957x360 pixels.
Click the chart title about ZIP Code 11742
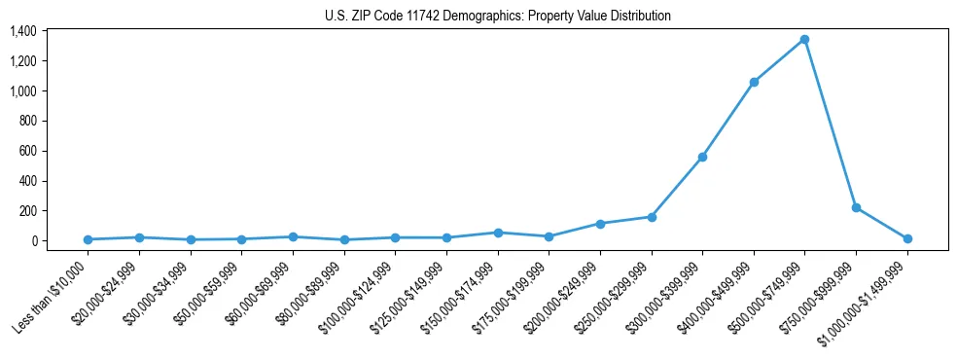[x=498, y=16]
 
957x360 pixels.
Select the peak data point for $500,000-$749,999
[x=804, y=40]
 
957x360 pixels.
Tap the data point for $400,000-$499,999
[x=754, y=83]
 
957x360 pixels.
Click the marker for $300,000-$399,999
[x=702, y=157]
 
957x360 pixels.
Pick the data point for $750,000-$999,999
[x=856, y=207]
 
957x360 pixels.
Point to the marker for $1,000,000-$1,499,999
[x=907, y=238]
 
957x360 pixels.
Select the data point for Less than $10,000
[x=88, y=239]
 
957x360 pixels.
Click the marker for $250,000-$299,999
[x=652, y=217]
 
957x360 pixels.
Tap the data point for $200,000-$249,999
[x=600, y=224]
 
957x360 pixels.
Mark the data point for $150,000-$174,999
[x=498, y=233]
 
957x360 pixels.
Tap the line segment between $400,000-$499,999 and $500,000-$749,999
[x=779, y=61]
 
